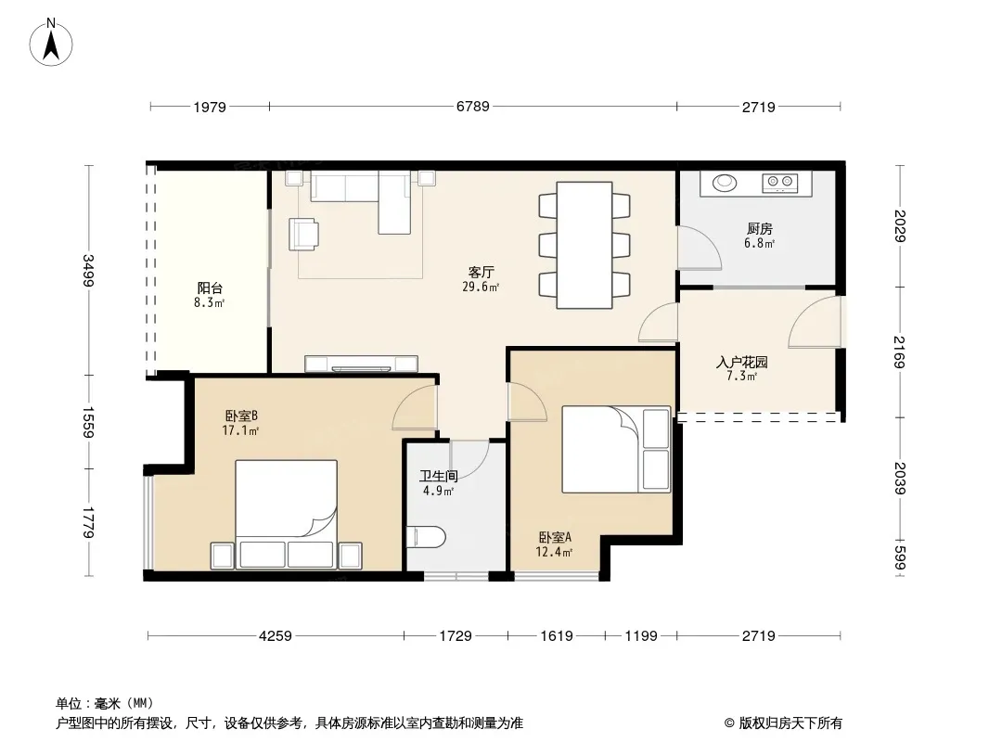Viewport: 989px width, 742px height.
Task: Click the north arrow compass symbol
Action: (x=51, y=43)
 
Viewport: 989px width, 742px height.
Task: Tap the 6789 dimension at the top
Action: (x=473, y=107)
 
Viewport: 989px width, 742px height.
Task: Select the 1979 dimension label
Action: (x=210, y=108)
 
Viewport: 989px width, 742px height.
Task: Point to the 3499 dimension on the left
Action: (x=88, y=271)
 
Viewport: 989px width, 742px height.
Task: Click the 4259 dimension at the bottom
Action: (x=276, y=636)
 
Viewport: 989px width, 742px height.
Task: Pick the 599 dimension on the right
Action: (x=899, y=558)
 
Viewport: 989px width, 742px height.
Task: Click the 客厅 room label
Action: (x=481, y=273)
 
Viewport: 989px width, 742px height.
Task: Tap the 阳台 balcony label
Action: (x=210, y=288)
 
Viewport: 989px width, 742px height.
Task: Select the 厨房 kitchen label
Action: (x=760, y=229)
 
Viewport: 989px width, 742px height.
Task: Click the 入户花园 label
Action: (x=742, y=363)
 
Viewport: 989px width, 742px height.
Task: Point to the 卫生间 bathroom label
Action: (x=438, y=477)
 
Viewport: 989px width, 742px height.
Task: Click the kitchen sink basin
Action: (x=725, y=182)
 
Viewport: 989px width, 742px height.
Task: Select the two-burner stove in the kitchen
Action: (x=780, y=183)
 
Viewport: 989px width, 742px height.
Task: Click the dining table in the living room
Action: (x=584, y=245)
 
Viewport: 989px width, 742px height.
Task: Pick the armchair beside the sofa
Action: (x=304, y=234)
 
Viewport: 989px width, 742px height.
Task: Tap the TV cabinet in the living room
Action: (x=362, y=364)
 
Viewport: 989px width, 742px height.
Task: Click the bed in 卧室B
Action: (x=286, y=514)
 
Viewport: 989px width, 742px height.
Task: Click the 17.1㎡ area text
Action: (x=240, y=430)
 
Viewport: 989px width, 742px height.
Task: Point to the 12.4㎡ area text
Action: (x=555, y=552)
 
